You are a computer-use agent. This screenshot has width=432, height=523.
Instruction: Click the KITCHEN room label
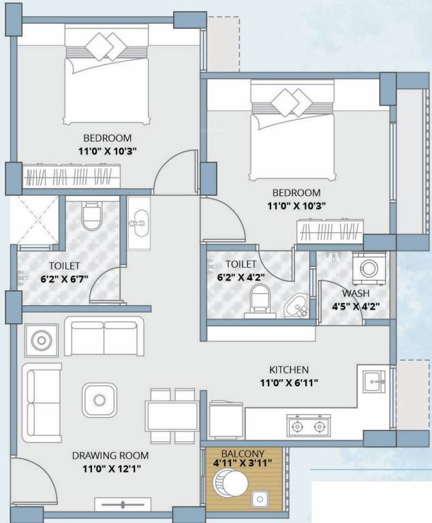point(289,370)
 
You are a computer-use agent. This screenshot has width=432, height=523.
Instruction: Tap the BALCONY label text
point(243,454)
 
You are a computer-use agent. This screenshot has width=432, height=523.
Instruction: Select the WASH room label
point(356,294)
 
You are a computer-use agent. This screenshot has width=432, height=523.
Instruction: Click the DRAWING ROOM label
point(110,456)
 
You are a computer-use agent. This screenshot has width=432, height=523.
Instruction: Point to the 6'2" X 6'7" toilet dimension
point(65,279)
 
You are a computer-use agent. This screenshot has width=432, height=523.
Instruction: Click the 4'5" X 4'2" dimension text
point(356,306)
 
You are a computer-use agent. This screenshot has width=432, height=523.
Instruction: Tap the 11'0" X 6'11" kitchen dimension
point(289,383)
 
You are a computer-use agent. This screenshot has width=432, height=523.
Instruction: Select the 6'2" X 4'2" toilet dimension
point(241,277)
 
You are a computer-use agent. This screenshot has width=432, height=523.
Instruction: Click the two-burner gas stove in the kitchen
point(309,426)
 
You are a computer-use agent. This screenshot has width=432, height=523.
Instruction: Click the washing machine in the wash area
point(369,268)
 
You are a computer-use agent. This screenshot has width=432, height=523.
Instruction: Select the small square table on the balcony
point(260,499)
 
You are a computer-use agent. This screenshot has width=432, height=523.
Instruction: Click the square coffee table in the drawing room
point(99,400)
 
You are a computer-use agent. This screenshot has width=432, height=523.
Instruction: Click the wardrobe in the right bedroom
point(330,231)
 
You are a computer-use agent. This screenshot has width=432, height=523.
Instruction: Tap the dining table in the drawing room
point(172,416)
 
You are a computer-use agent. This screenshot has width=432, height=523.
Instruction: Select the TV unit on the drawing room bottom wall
point(123,505)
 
